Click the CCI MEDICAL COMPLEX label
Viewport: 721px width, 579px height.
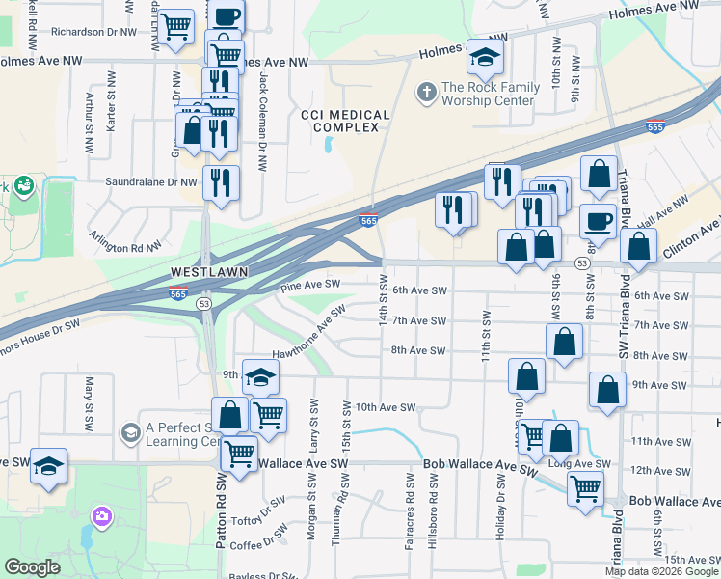click(x=345, y=122)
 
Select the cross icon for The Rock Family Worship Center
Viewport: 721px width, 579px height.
click(x=426, y=94)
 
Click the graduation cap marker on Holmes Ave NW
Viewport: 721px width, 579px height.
click(x=485, y=58)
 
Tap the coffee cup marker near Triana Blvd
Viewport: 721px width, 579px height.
click(x=598, y=221)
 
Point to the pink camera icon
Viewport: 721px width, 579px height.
click(x=101, y=518)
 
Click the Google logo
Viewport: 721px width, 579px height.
click(x=33, y=567)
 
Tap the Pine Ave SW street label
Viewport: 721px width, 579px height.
click(x=309, y=286)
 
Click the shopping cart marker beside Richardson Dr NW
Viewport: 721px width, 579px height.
click(x=175, y=28)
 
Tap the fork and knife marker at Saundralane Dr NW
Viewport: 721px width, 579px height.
click(x=221, y=180)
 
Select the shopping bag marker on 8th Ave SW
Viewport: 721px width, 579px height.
click(x=564, y=341)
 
